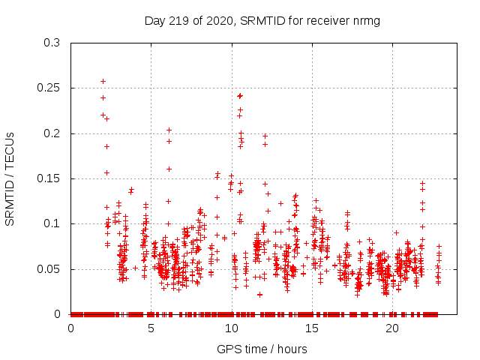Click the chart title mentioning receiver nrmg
click(x=262, y=21)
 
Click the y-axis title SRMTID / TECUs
click(x=10, y=178)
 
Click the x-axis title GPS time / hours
click(x=262, y=349)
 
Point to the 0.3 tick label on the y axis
click(x=52, y=43)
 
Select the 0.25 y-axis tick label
click(x=49, y=88)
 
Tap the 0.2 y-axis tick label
click(x=52, y=133)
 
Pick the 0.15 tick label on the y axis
click(x=49, y=178)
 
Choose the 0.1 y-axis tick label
click(x=52, y=224)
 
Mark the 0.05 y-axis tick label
click(x=49, y=269)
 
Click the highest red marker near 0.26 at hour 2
click(x=103, y=81)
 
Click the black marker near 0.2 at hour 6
click(x=169, y=130)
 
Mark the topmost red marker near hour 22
click(x=422, y=184)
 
